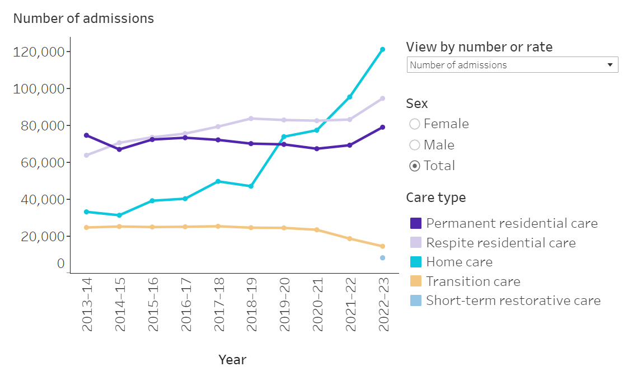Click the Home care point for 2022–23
tap(382, 49)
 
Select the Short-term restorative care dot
tap(382, 258)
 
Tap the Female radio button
tap(415, 124)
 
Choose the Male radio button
tap(415, 145)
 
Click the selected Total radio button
tap(415, 166)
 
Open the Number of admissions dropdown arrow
tap(610, 65)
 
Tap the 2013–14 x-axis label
tap(87, 304)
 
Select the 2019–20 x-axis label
tap(284, 304)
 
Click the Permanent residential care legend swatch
tap(416, 223)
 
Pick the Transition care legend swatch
tap(416, 281)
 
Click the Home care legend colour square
tap(416, 262)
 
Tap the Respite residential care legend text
tap(500, 243)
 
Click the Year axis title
tap(232, 359)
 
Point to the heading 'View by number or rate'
tap(479, 47)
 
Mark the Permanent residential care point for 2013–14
tap(87, 135)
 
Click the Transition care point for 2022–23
tap(382, 246)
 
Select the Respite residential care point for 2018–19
tap(251, 119)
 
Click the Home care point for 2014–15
tap(119, 215)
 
